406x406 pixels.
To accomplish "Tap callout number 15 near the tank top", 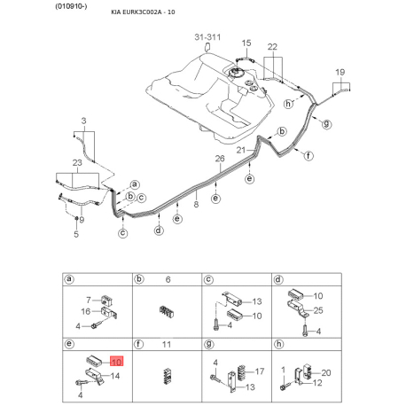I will [x=246, y=43].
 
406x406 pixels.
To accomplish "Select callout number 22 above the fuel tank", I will [x=272, y=46].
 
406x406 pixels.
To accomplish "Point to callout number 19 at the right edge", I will [x=340, y=71].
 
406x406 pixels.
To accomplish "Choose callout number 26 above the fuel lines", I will [x=221, y=160].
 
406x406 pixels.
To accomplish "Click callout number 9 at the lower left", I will [x=82, y=219].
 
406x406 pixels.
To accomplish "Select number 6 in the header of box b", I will [x=167, y=279].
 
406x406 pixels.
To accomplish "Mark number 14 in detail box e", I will [x=115, y=377].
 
